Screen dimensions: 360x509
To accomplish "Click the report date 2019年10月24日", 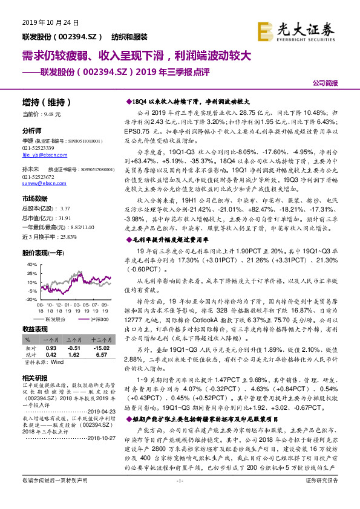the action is tap(44, 23).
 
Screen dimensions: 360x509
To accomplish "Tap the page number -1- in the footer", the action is tap(179, 497).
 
